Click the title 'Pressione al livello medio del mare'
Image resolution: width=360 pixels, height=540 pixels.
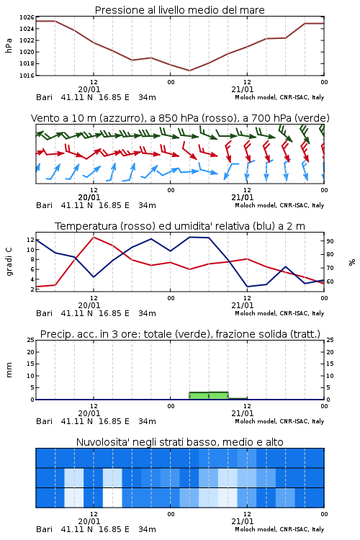(180, 10)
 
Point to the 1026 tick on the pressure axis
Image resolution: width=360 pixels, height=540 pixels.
(27, 17)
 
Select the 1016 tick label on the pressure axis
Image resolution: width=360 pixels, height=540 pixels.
(27, 76)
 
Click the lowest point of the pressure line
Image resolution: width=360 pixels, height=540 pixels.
(189, 71)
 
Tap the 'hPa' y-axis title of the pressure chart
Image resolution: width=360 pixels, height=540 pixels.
(9, 46)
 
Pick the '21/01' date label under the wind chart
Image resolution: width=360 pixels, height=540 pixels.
(243, 197)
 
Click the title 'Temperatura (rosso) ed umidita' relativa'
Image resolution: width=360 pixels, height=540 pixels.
(152, 226)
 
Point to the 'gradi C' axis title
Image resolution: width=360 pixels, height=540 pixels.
(9, 261)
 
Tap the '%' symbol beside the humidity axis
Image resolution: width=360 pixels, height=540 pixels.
(352, 262)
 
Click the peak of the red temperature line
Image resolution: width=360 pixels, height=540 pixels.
(94, 237)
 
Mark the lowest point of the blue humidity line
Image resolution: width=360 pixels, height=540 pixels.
(247, 287)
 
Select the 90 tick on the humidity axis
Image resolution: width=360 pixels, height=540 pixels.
(330, 241)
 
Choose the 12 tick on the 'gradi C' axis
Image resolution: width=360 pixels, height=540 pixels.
(30, 240)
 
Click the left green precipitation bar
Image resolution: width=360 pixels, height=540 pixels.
(199, 396)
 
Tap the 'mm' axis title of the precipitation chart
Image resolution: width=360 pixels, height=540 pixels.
(9, 370)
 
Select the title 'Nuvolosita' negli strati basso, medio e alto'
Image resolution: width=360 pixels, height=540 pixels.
(180, 442)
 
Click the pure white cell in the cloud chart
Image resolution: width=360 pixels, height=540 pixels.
(112, 498)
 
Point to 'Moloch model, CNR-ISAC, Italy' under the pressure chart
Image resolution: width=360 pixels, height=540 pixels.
(279, 97)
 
